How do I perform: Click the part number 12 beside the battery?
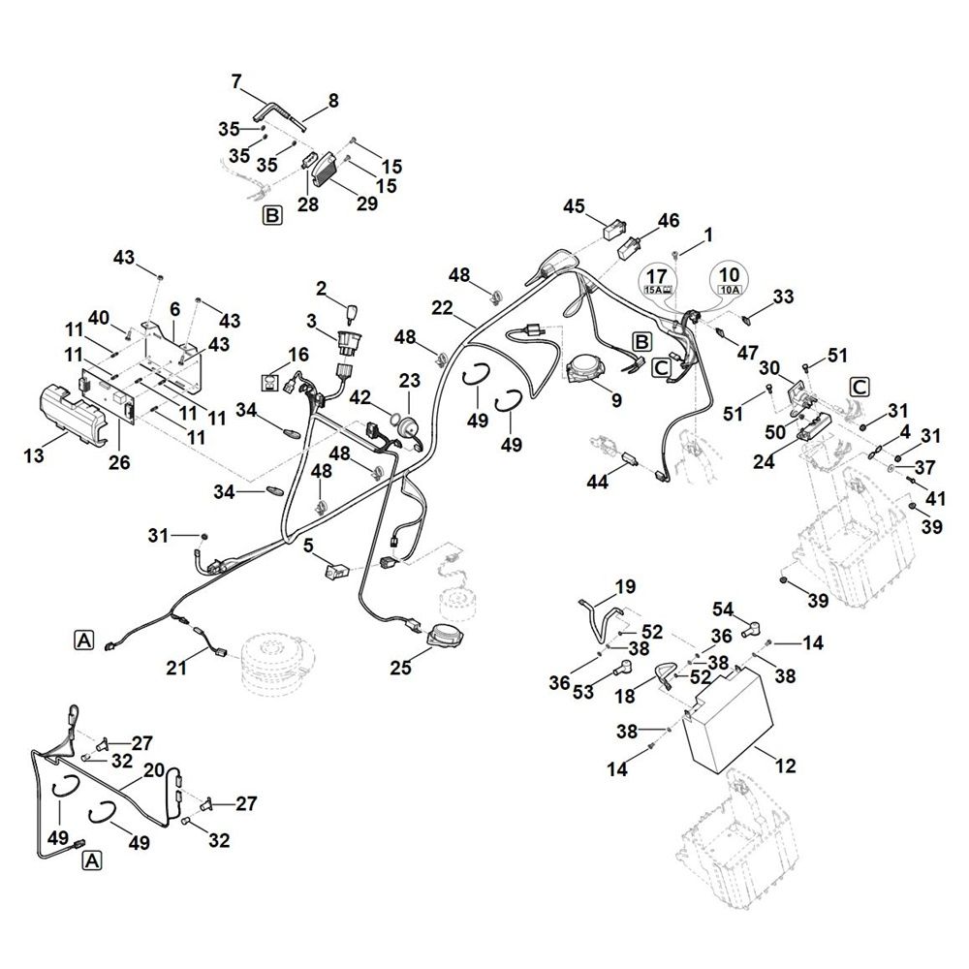[786, 766]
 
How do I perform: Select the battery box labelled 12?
[728, 719]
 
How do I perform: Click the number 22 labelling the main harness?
[443, 308]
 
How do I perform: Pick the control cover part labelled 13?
[73, 414]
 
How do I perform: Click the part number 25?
[400, 668]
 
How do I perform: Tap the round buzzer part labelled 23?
[408, 427]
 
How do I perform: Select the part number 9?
[616, 400]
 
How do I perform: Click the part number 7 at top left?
[236, 81]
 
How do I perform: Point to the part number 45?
[574, 206]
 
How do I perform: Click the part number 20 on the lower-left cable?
[154, 770]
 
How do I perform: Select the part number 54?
[723, 610]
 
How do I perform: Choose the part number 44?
[597, 482]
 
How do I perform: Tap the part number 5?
[308, 546]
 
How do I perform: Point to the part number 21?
[176, 668]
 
